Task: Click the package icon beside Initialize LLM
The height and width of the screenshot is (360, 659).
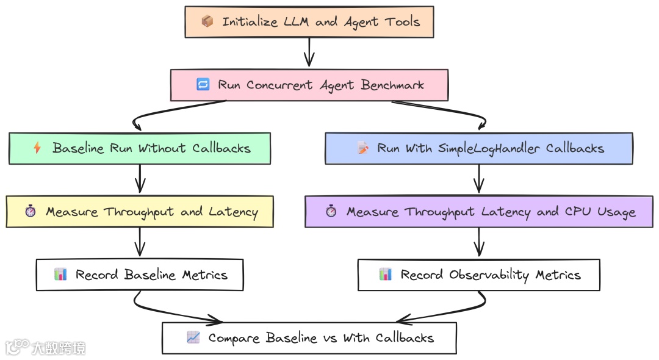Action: pos(207,21)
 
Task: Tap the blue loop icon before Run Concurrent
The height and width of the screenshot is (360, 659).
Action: pos(203,84)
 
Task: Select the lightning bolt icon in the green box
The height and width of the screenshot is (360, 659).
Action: pos(37,148)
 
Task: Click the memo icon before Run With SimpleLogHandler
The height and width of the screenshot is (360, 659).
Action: pos(363,148)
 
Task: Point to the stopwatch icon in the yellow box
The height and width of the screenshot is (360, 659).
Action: pos(31,211)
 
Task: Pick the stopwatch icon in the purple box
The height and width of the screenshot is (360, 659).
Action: pos(331,211)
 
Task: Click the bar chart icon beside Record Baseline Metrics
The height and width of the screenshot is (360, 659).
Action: pos(60,275)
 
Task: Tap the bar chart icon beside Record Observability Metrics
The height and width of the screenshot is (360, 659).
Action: pos(386,275)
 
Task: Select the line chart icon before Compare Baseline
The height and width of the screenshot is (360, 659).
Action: pos(193,337)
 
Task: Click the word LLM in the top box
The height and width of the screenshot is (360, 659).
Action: pos(297,21)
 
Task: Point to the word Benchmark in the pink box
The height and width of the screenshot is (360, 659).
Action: pos(392,85)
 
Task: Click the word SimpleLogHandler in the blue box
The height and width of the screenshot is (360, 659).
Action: pos(489,148)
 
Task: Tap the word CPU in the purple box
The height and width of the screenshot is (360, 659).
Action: pos(578,211)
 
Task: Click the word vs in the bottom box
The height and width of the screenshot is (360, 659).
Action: pos(330,339)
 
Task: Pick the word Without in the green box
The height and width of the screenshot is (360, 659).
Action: pos(162,148)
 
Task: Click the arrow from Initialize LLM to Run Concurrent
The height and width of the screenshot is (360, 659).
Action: pos(309,52)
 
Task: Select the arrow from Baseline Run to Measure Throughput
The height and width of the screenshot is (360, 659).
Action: pos(140,178)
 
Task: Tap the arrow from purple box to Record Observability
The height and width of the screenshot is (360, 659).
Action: pos(479,242)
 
